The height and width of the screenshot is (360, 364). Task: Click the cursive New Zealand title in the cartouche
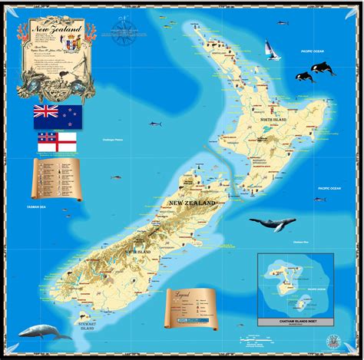(x=58, y=30)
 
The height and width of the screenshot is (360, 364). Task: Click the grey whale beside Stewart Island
(x=45, y=331)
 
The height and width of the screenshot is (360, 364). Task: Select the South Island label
(x=139, y=251)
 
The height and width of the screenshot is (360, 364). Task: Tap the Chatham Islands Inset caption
(x=302, y=321)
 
